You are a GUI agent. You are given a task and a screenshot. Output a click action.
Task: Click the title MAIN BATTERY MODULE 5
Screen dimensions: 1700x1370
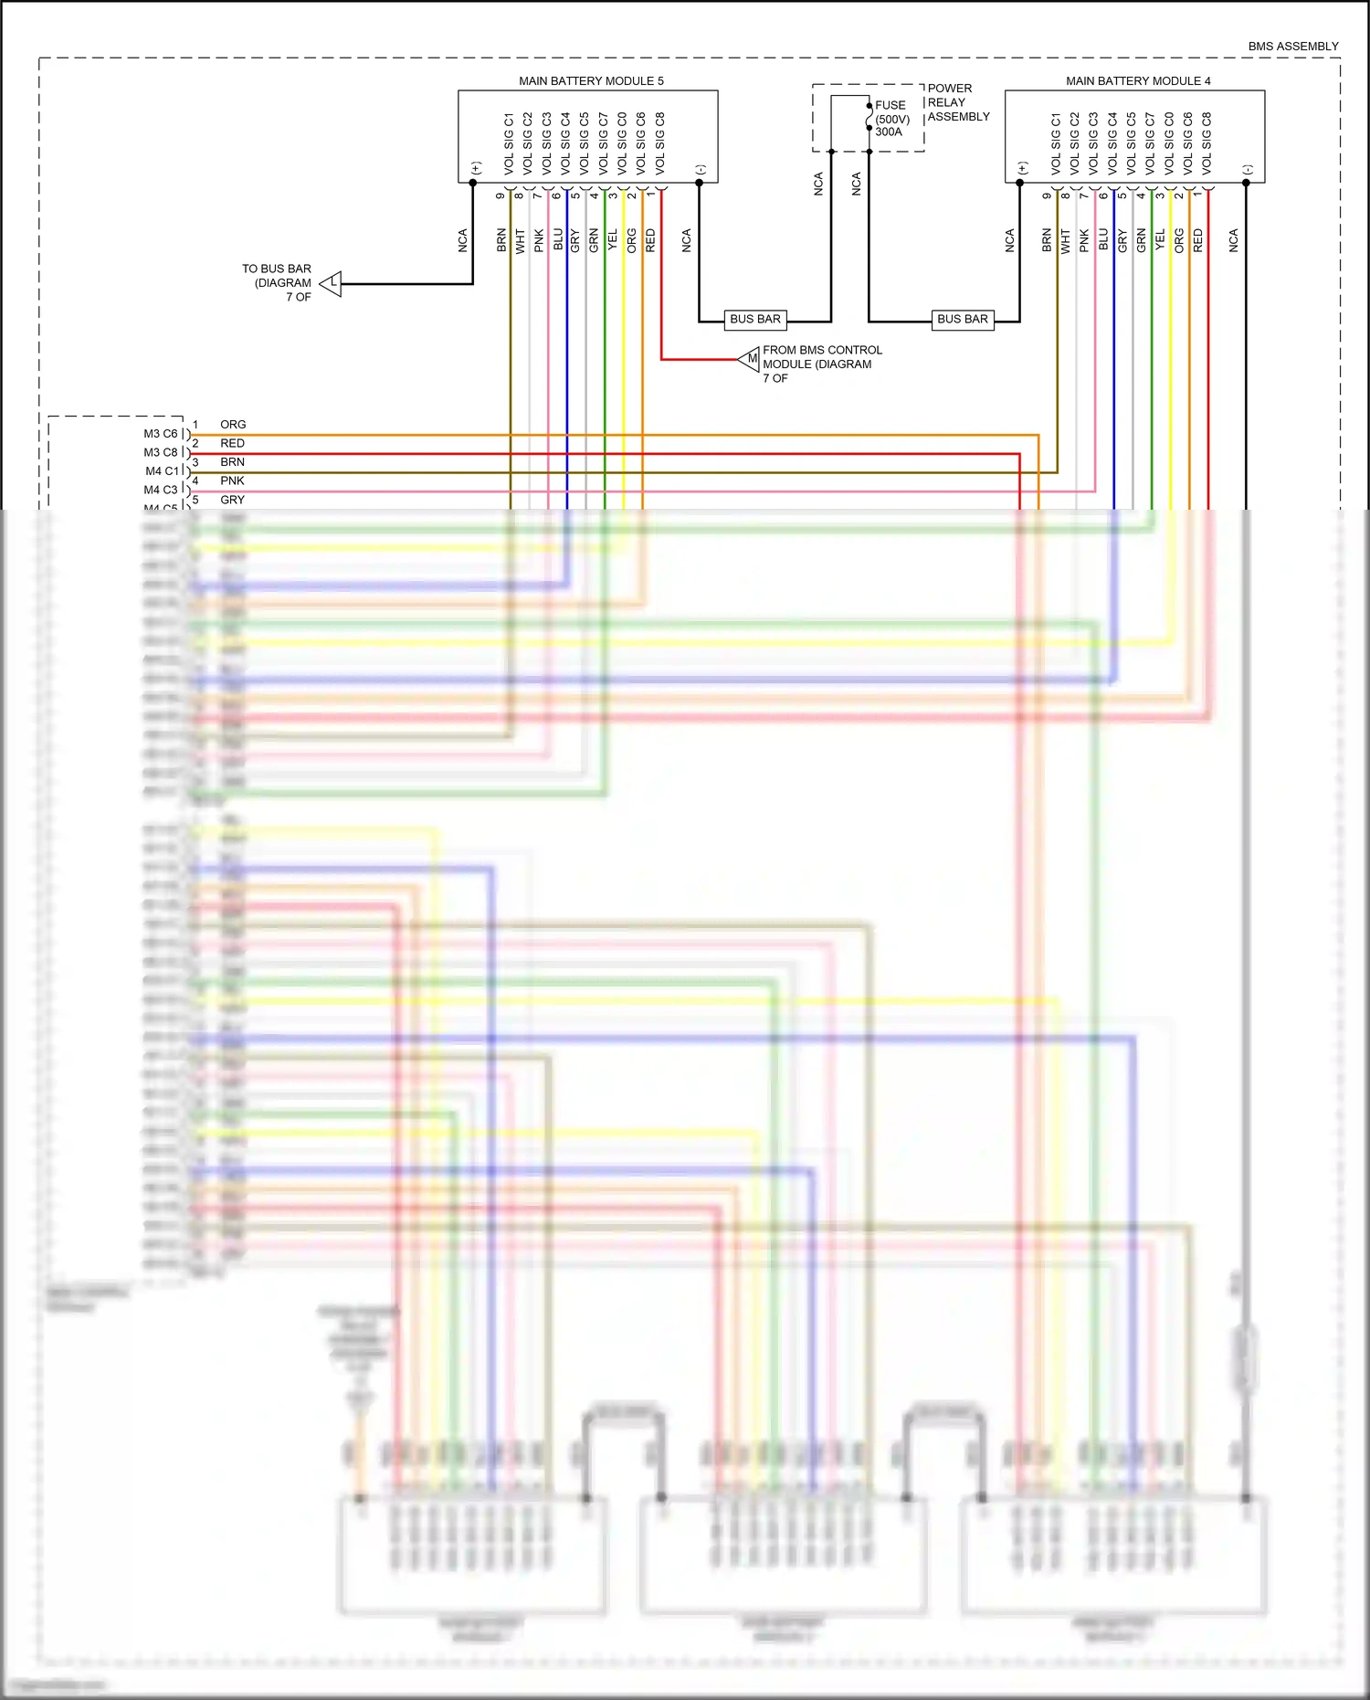(x=591, y=80)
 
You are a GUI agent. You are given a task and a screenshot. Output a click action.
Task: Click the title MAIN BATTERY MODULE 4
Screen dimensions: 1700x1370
(x=1138, y=80)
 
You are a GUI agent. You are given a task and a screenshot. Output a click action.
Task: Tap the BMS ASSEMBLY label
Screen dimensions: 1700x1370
(x=1292, y=46)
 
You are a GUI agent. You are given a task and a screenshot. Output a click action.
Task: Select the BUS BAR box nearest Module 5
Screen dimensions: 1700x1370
(x=755, y=319)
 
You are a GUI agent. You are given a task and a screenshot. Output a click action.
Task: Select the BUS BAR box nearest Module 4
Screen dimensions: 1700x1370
(x=963, y=319)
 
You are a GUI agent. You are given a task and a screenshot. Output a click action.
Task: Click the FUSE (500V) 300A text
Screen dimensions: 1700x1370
(x=891, y=119)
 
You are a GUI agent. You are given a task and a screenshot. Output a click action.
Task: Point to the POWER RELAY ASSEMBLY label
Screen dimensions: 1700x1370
(x=957, y=102)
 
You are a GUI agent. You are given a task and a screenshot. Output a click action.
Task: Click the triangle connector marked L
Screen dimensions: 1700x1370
(x=332, y=284)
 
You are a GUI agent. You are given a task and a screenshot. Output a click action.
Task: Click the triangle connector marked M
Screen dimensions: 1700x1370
(x=750, y=359)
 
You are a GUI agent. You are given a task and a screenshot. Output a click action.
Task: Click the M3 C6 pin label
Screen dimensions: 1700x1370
(x=161, y=434)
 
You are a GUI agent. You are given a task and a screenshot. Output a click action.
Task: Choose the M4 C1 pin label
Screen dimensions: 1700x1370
(x=162, y=471)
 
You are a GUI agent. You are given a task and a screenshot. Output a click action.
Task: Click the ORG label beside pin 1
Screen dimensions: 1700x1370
(x=233, y=425)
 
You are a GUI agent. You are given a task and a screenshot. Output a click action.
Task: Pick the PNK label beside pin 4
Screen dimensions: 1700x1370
(x=232, y=480)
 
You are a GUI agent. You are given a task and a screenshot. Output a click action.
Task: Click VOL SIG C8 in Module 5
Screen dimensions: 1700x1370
(x=660, y=143)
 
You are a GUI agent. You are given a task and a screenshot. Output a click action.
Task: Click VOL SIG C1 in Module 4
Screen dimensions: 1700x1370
(x=1056, y=143)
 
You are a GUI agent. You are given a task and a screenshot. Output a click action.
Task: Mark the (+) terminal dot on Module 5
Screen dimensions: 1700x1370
(x=473, y=183)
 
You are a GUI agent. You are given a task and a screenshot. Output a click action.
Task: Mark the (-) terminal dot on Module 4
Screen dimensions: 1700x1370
(x=1246, y=183)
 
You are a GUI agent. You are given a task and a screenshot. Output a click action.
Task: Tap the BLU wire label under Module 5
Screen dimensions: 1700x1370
(x=558, y=240)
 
